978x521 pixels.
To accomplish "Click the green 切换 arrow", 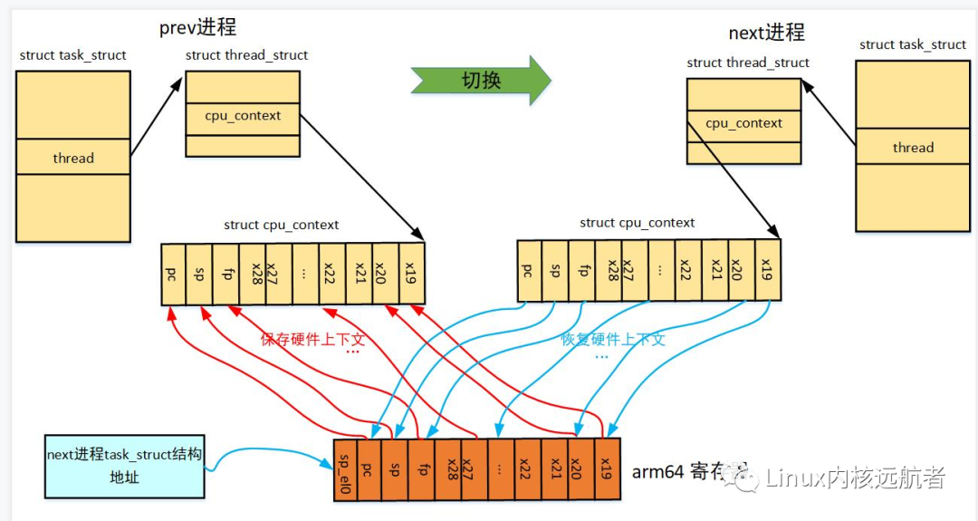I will point(480,80).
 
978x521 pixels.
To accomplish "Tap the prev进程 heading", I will point(197,28).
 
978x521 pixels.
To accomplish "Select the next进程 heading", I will point(766,34).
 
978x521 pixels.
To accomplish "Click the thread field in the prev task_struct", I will point(73,158).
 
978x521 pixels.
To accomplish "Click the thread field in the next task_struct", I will point(912,148).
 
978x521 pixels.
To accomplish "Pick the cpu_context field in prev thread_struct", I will point(243,116).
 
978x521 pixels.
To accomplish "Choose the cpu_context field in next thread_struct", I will point(743,123).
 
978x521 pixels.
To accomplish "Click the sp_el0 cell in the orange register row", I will point(345,469).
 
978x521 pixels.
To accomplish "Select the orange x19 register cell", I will point(608,469).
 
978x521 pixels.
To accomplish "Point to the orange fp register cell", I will point(421,469).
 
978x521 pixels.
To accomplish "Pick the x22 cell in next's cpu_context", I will point(688,270).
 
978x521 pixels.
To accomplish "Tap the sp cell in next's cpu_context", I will point(555,270).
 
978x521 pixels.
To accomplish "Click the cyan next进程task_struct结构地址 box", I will point(124,465).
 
